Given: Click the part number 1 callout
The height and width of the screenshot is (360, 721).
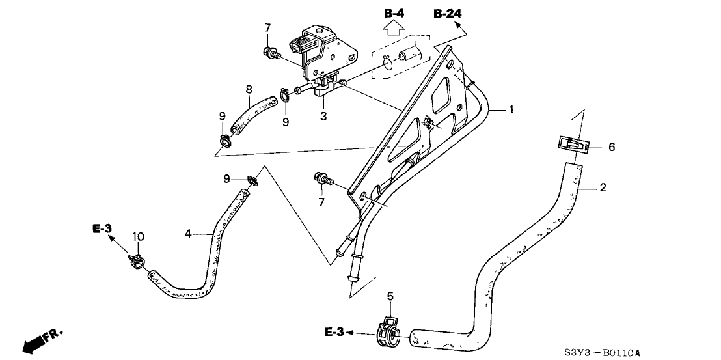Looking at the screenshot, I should click(511, 110).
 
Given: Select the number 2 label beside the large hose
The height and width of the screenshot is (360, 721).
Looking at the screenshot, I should click(603, 189).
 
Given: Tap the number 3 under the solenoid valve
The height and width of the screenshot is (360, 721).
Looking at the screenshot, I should click(323, 116).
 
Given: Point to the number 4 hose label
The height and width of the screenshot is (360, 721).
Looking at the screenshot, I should click(189, 232).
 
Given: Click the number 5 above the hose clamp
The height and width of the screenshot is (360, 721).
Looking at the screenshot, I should click(390, 298).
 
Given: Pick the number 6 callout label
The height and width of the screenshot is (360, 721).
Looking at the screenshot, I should click(611, 148).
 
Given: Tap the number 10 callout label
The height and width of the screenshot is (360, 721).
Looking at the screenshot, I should click(137, 236).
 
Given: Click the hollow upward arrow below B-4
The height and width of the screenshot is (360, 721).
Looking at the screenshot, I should click(392, 27).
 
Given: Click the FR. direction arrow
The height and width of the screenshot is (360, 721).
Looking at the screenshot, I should click(39, 339).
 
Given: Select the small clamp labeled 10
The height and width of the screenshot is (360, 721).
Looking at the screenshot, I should click(136, 262).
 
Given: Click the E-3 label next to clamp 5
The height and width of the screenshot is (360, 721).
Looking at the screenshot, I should click(335, 333).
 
